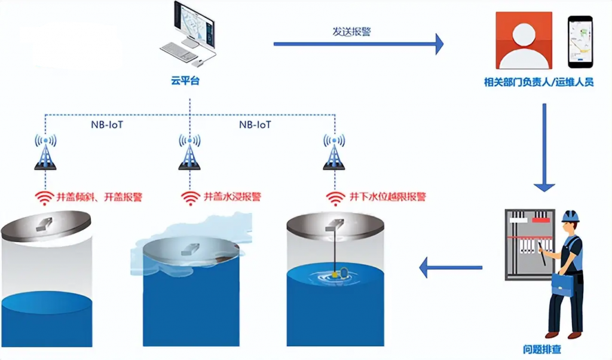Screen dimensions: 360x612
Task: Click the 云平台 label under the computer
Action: (185, 81)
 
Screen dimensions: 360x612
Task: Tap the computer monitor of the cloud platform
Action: (195, 24)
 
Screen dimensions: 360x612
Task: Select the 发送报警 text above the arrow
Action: (351, 32)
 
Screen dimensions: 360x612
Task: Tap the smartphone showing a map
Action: (579, 41)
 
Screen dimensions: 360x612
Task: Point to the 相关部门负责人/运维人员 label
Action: (538, 83)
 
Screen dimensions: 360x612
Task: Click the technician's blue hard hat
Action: (571, 216)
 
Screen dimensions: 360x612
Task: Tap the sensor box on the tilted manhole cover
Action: (44, 224)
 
